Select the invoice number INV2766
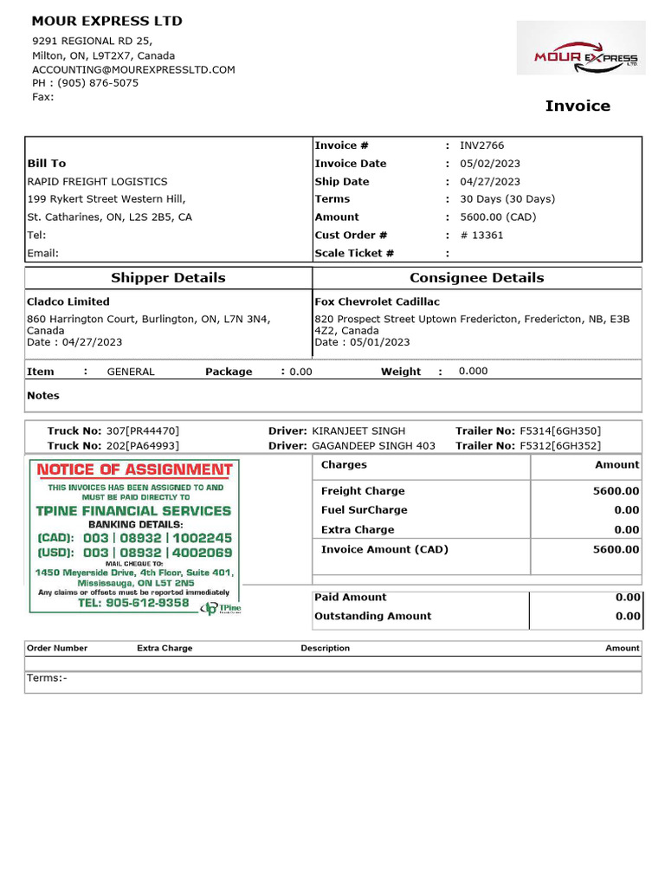click(481, 146)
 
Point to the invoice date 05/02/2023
click(490, 164)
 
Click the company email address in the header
click(133, 69)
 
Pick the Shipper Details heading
click(168, 278)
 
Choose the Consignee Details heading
click(476, 278)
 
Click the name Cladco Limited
click(68, 301)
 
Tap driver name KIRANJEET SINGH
click(358, 431)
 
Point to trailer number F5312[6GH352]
click(560, 445)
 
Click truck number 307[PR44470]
click(143, 431)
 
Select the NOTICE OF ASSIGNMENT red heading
click(135, 469)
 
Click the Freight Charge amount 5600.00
click(616, 491)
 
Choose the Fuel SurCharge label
click(364, 510)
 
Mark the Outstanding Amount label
click(372, 616)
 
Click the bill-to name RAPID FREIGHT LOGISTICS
click(98, 182)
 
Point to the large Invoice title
click(578, 106)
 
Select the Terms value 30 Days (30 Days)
click(507, 199)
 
